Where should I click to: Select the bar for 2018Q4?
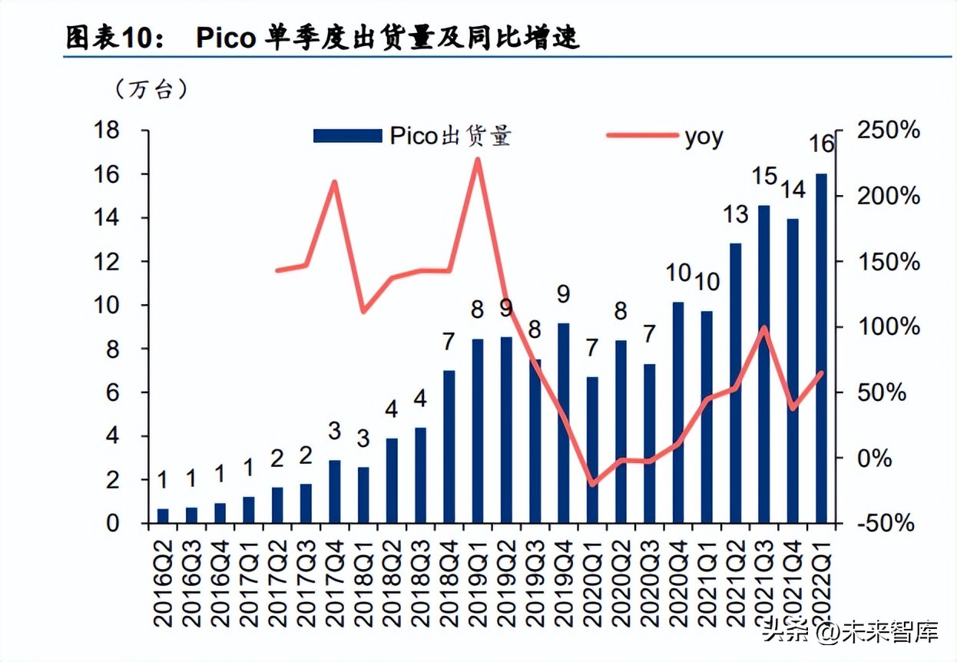point(449,446)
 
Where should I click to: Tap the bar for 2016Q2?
point(163,515)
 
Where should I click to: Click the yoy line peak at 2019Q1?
point(478,160)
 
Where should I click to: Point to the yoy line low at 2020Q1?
point(592,485)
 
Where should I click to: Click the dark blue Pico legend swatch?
point(347,136)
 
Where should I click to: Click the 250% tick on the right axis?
point(889,131)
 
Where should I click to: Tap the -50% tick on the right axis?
point(887,523)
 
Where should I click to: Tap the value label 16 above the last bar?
point(822,144)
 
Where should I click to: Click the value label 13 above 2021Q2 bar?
point(736,213)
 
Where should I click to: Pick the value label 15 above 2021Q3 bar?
point(765,176)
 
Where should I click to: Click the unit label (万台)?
point(150,90)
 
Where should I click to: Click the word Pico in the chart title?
point(226,38)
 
